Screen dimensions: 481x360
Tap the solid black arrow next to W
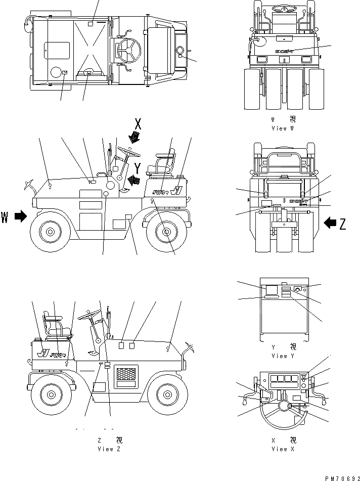pos(20,216)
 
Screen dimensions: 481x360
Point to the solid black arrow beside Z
pos(330,222)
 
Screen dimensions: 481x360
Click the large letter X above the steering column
pos(139,123)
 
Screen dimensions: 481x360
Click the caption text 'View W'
pos(279,128)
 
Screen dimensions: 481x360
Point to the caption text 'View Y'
pos(279,356)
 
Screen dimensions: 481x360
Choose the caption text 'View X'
pos(279,449)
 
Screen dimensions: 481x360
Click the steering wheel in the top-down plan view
pos(127,50)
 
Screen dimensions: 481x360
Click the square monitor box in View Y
pos(271,290)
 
